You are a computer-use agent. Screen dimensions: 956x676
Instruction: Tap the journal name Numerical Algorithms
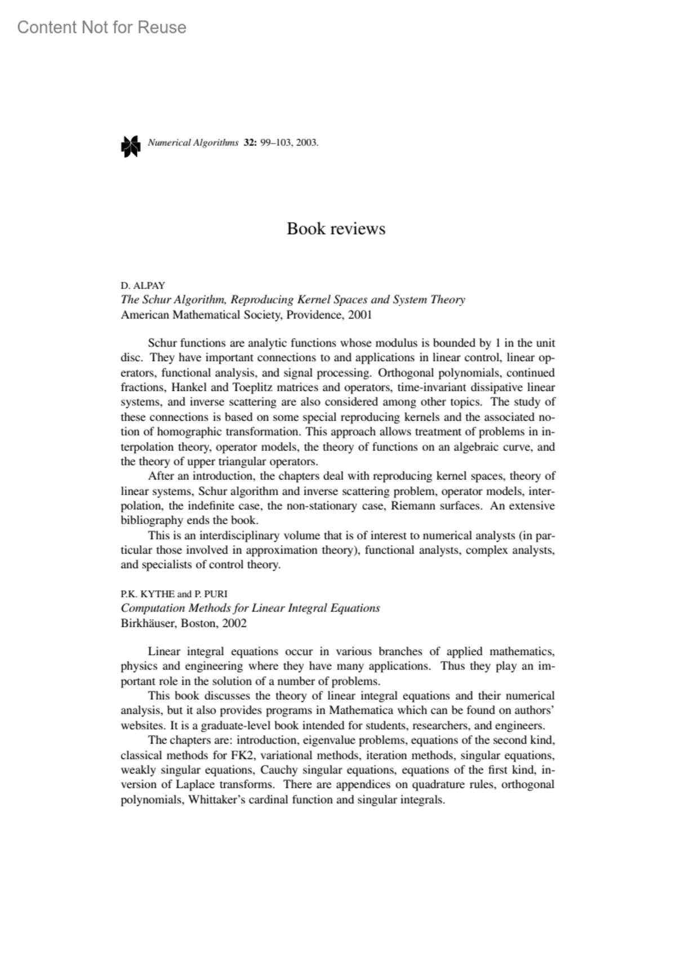[193, 142]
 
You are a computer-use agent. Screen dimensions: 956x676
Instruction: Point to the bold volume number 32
[250, 142]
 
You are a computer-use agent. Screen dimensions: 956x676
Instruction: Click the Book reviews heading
[336, 229]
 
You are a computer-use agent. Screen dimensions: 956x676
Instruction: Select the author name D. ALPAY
[143, 285]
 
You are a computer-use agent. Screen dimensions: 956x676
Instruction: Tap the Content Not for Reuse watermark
[102, 27]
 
